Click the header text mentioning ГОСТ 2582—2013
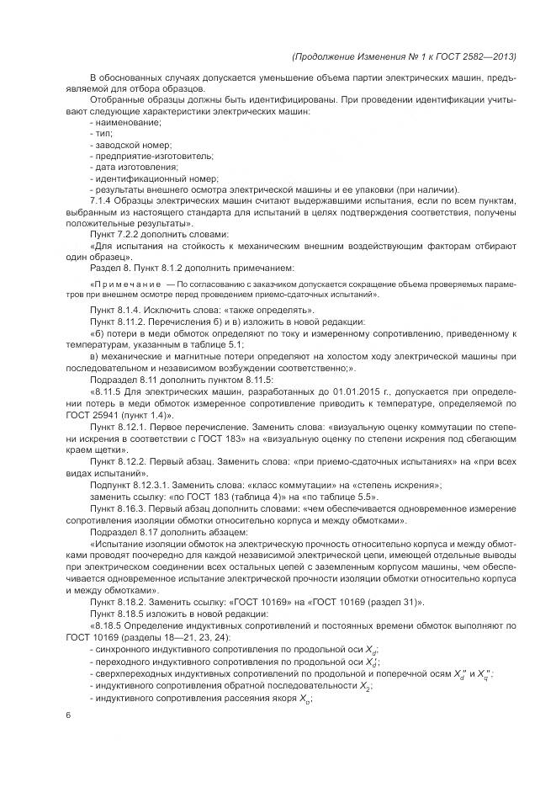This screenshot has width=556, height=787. pyautogui.click(x=403, y=56)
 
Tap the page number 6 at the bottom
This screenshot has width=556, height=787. pyautogui.click(x=67, y=715)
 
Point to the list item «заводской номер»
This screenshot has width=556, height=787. pyautogui.click(x=130, y=145)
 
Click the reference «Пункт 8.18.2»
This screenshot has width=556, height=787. pyautogui.click(x=118, y=602)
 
